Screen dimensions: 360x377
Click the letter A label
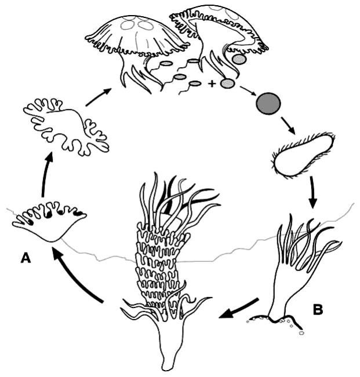(x=26, y=258)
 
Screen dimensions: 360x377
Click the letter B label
(x=318, y=309)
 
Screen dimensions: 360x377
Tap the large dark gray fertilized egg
(x=268, y=104)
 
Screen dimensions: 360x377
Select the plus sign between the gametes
(x=212, y=84)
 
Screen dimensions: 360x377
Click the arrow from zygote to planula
(x=288, y=125)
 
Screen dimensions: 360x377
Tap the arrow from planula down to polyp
(x=312, y=192)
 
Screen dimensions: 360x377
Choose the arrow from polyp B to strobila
(x=239, y=309)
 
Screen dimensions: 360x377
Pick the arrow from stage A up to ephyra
(x=46, y=177)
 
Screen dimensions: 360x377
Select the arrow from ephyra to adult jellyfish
(x=99, y=97)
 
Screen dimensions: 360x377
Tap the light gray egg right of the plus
(x=227, y=83)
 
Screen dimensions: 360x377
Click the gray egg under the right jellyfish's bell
(x=239, y=60)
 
